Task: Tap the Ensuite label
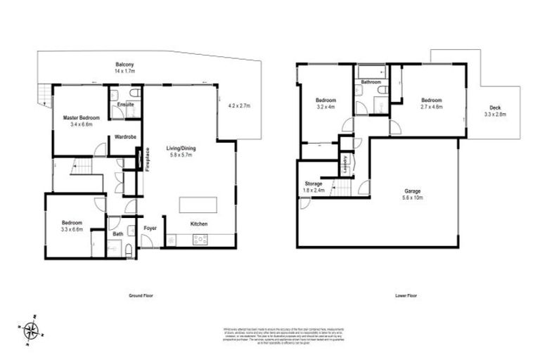coord(126,105)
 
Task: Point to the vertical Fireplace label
coord(147,159)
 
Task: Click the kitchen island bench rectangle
coord(198,204)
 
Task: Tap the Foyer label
coord(150,229)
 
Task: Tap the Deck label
coord(496,108)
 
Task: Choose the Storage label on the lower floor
coord(314,184)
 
